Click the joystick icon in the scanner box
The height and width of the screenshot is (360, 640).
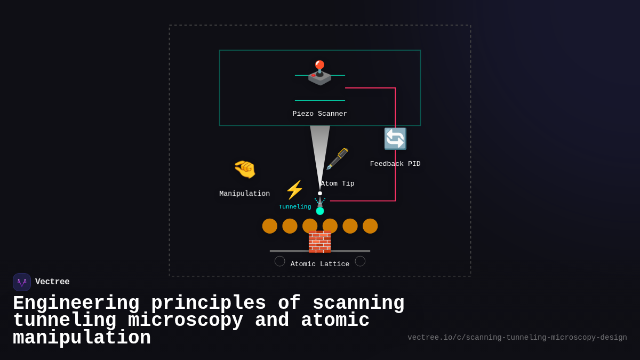[319, 73]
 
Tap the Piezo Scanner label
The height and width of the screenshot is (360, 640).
[319, 114]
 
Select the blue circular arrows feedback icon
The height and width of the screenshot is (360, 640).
[395, 139]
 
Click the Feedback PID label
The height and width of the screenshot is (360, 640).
[395, 164]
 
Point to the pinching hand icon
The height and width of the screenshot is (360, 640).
[245, 169]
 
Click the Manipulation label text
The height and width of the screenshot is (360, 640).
[244, 194]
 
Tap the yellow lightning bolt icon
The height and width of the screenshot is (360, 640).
[294, 190]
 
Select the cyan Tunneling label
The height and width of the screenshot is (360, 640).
[294, 207]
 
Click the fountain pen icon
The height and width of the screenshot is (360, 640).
[337, 159]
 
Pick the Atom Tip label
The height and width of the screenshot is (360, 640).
[337, 183]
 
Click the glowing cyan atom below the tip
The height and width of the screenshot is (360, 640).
[320, 211]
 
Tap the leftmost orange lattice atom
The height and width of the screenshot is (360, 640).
[270, 226]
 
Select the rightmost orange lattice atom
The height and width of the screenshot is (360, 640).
[370, 226]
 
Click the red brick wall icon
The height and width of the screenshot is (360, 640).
[319, 242]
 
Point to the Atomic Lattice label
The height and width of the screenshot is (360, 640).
[319, 264]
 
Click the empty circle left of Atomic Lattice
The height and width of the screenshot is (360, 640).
[280, 261]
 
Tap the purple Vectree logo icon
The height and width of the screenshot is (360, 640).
[22, 282]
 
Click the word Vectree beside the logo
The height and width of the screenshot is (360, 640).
[52, 282]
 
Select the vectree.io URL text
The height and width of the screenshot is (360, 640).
[517, 338]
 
